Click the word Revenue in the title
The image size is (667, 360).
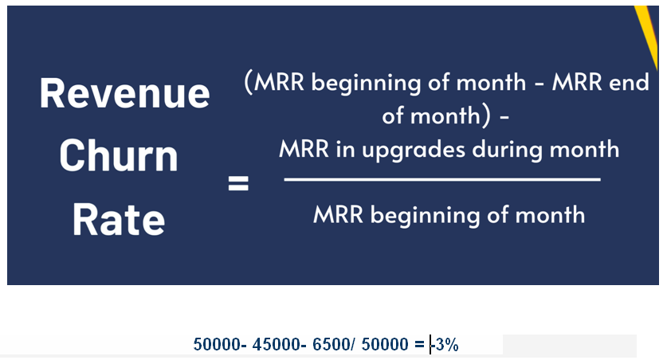click(124, 93)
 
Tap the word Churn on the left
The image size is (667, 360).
click(119, 155)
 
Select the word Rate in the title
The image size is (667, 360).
click(118, 219)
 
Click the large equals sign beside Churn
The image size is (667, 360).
click(238, 184)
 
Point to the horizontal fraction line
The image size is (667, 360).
click(442, 180)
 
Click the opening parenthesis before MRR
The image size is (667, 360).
click(249, 82)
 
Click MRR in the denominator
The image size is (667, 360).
click(338, 214)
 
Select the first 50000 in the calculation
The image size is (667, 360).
click(218, 344)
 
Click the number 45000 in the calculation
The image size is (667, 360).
click(276, 344)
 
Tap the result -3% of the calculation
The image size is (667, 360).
click(445, 344)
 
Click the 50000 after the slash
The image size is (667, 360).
click(385, 344)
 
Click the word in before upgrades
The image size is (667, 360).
click(345, 149)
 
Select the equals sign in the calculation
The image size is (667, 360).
click(419, 345)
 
